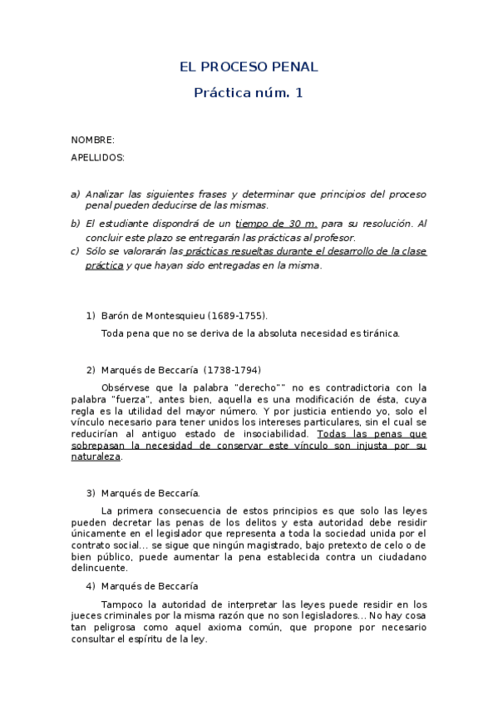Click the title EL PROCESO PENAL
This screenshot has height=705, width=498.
pyautogui.click(x=249, y=67)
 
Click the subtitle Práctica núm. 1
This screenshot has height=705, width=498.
pyautogui.click(x=249, y=93)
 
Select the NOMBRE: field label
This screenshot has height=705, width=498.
pyautogui.click(x=92, y=140)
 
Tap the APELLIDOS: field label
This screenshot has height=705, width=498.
pyautogui.click(x=97, y=157)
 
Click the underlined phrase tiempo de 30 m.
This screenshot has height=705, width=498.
pyautogui.click(x=277, y=224)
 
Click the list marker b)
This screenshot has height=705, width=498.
pyautogui.click(x=75, y=224)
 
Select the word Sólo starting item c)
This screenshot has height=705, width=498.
pyautogui.click(x=96, y=251)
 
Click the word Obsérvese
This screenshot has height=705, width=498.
pyautogui.click(x=126, y=387)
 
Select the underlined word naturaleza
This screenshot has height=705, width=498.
pyautogui.click(x=96, y=456)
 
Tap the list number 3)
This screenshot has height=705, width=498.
pyautogui.click(x=91, y=493)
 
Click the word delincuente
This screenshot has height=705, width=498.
pyautogui.click(x=99, y=569)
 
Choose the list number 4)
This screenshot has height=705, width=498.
pyautogui.click(x=91, y=586)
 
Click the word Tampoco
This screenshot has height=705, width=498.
pyautogui.click(x=123, y=604)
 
